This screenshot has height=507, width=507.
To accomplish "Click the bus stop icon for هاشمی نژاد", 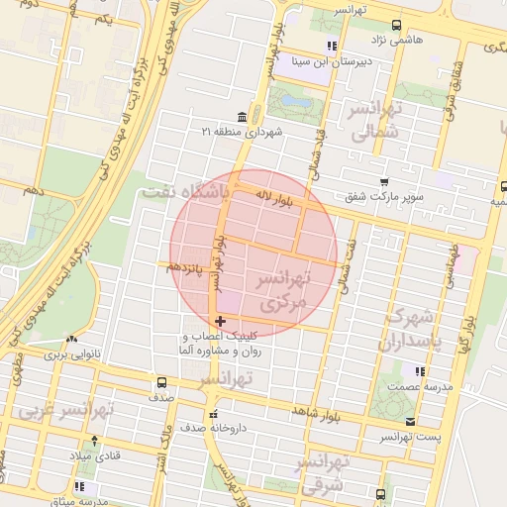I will point(396,26).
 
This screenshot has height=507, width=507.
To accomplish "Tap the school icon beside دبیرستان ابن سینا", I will point(332,46).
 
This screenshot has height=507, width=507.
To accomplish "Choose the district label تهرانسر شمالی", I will point(372,120).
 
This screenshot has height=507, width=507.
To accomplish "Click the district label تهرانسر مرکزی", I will point(283,293).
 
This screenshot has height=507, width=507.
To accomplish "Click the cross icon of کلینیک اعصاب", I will point(220,320).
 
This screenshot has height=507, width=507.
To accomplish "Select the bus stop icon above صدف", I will point(160,382).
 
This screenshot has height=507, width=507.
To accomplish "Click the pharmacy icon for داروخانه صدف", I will point(213,414).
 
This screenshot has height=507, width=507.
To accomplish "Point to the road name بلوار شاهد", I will point(316,410).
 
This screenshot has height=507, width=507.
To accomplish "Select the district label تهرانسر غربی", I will point(66,409).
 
